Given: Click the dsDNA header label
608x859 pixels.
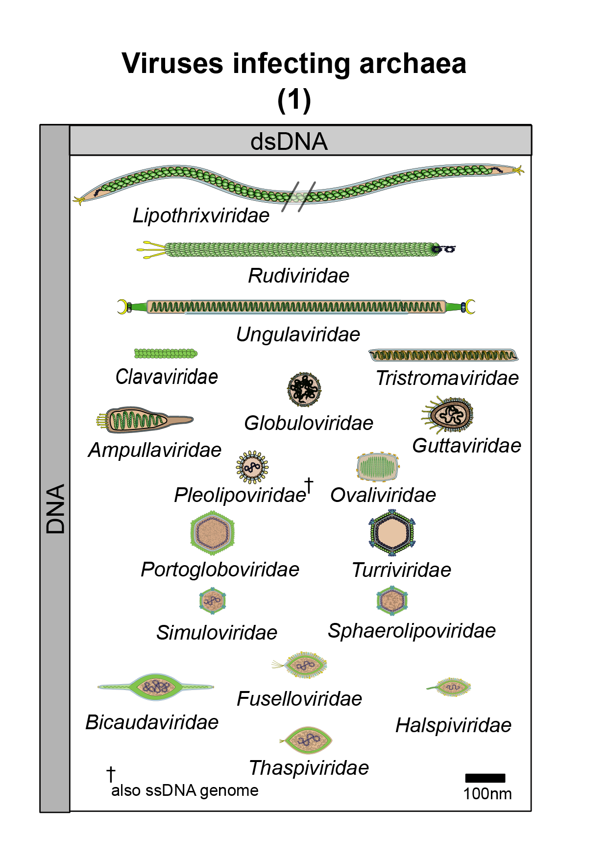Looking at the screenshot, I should pos(289,142).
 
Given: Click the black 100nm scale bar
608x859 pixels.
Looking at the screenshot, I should pos(485,778).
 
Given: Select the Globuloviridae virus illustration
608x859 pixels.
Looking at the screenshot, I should pos(304,389).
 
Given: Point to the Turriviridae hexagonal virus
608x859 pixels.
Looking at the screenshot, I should pos(392,532).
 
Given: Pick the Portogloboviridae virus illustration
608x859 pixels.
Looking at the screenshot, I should pos(212,533).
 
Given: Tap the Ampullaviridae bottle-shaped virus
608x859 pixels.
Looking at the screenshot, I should pos(145,420).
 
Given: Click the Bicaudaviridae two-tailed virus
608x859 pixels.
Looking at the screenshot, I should pos(156,686).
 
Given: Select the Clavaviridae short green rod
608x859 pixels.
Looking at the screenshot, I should pos(166,354).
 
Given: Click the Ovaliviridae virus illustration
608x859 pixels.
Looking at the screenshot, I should pos(377,467).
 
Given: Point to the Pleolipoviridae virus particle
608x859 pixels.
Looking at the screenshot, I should pos(252,467).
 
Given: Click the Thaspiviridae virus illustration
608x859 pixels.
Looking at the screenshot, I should pos(307,740).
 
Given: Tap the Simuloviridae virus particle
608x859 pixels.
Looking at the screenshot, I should pos(213,601).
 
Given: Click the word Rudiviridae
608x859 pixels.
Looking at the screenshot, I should pos(298,276).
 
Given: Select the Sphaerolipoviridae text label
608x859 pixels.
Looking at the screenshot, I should pos(412,631).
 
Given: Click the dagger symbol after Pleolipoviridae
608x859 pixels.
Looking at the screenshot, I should pos(309,485).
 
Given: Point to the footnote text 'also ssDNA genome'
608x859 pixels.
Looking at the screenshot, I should pos(185,790).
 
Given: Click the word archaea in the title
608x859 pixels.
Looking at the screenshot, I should pos(413,64).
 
